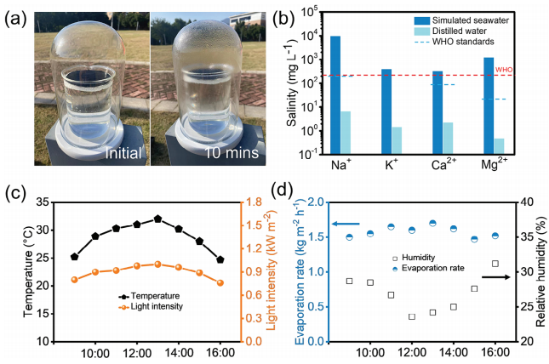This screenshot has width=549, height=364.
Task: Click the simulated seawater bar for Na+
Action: tap(335, 94)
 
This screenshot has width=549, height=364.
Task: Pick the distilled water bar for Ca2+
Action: tap(449, 137)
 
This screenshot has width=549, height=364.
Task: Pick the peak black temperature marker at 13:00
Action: tap(157, 219)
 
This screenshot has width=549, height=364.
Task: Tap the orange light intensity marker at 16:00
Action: tap(220, 282)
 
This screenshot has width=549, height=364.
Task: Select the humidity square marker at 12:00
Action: tap(412, 316)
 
